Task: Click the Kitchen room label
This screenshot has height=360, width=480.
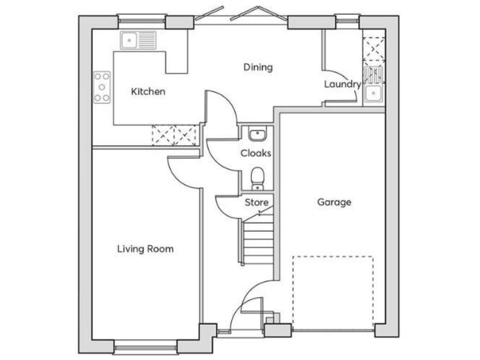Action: pos(148,92)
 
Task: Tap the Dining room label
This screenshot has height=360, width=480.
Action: pos(258,67)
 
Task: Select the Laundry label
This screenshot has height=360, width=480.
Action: pos(342,84)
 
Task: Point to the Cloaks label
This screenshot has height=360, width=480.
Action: pos(256,152)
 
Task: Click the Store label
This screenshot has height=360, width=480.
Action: pos(256,202)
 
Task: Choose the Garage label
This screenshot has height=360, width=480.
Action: pos(334,202)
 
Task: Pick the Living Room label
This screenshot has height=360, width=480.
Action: pos(145,249)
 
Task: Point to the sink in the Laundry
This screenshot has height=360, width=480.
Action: pos(374,94)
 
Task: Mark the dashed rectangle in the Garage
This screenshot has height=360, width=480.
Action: pos(333,291)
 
